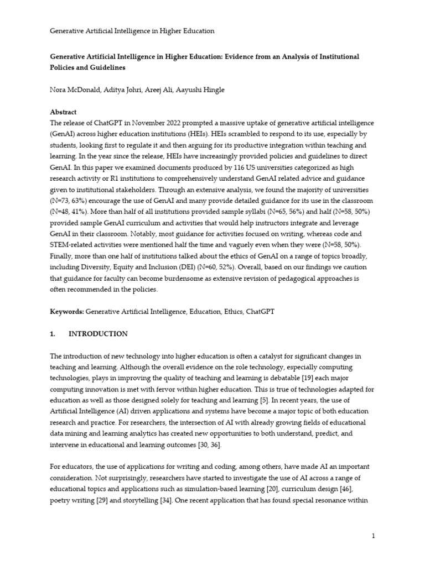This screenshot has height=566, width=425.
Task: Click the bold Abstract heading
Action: coord(64,112)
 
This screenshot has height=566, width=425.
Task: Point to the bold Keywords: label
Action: coord(67,312)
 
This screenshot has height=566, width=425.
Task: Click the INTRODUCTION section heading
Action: coord(98,334)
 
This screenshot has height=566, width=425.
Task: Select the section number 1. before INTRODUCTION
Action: coord(53,334)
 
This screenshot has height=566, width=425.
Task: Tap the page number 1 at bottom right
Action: coord(374,536)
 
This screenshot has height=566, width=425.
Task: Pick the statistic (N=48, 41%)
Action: coord(71,212)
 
